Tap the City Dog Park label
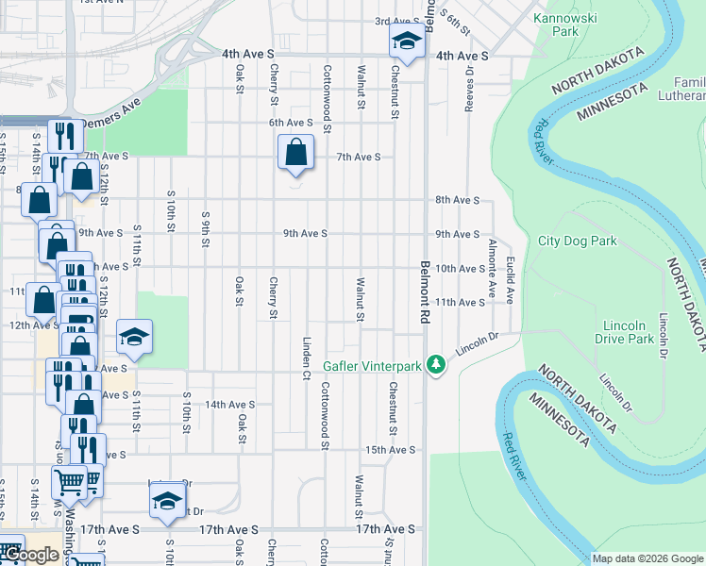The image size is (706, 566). pos(577,241)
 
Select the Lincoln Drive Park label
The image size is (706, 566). pos(627,332)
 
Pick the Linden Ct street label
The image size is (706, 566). pos(307,358)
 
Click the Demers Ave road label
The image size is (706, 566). pos(110,123)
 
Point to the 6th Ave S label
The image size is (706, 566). pos(290,123)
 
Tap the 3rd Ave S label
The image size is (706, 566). pos(396,21)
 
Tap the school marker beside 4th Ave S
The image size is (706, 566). pos(406,42)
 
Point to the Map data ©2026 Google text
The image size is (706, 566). pos(647,558)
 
